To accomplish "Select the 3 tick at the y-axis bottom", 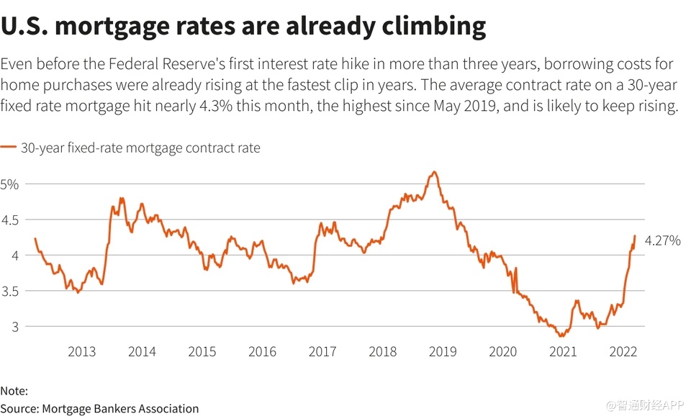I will tap(9, 326).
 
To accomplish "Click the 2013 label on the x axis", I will tap(81, 351).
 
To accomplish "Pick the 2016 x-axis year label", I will tap(262, 351).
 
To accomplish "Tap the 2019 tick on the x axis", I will tap(442, 351).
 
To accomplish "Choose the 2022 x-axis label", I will tap(622, 351).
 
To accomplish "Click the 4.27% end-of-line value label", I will tap(662, 241).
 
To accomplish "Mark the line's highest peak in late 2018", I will tap(433, 171).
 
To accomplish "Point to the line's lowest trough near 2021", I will tap(559, 336).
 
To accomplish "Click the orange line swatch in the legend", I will tap(9, 148).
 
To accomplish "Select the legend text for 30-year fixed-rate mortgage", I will tap(140, 148).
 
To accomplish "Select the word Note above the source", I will tap(14, 391).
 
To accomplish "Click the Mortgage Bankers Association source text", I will tap(120, 408).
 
